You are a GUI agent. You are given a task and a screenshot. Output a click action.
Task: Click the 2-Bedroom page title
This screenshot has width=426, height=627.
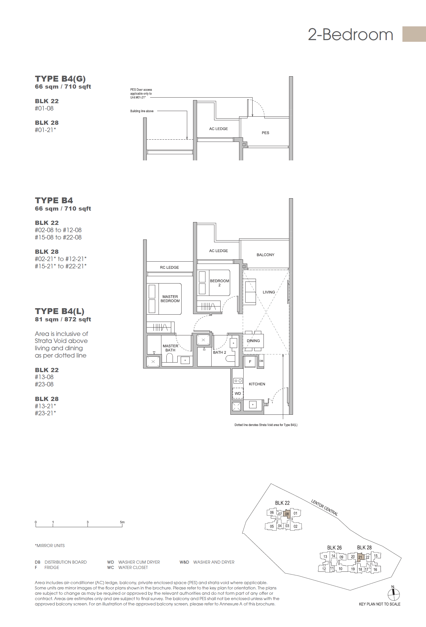[x=350, y=34]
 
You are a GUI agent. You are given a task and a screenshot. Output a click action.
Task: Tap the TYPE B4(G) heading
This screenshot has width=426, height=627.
[x=60, y=79]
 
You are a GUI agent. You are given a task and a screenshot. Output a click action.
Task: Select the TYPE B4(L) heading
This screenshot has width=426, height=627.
[x=59, y=311]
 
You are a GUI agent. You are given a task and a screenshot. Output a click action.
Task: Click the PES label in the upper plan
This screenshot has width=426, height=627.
[x=265, y=133]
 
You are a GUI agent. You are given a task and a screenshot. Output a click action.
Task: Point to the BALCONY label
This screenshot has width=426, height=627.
[x=265, y=255]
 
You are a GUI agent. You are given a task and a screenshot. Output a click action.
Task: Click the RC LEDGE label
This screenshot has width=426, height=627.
[x=169, y=268]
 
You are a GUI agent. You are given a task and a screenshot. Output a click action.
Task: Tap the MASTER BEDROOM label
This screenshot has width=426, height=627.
[x=170, y=299]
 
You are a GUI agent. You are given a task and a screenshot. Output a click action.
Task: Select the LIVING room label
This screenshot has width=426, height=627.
[x=269, y=292]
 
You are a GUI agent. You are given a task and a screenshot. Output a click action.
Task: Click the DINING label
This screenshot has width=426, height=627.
[x=253, y=341]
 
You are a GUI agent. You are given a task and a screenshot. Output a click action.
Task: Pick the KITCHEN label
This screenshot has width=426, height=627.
[x=257, y=384]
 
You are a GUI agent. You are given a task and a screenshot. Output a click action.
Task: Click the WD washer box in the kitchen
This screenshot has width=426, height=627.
[x=238, y=393]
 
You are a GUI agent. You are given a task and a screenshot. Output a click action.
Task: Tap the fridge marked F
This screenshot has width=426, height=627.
[x=250, y=362]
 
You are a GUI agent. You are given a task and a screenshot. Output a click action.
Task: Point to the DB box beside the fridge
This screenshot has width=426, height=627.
[x=261, y=361]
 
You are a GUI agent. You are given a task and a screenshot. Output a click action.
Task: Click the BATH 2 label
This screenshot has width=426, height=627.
[x=219, y=352]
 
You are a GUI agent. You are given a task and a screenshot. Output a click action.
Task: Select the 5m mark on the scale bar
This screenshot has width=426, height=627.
[x=122, y=522]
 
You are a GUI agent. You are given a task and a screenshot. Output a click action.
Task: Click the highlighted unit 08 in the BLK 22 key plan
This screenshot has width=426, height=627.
[x=287, y=514]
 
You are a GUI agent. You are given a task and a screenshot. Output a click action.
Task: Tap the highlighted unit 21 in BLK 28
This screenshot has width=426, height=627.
[x=360, y=557]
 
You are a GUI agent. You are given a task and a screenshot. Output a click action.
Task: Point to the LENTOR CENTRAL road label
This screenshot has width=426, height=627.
[x=324, y=508]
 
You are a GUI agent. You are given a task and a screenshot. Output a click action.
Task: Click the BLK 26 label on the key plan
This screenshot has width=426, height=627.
[x=334, y=548]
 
